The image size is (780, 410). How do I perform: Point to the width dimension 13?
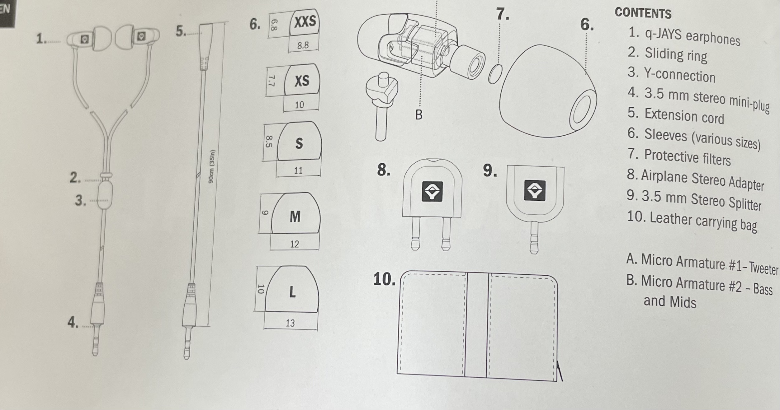tap(290, 323)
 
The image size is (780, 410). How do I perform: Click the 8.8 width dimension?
tap(303, 45)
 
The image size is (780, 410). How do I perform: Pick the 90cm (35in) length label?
tap(212, 166)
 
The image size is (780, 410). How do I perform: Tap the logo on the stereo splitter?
tap(535, 190)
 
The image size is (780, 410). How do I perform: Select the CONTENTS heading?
tap(643, 13)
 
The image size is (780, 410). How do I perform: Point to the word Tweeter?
tap(763, 268)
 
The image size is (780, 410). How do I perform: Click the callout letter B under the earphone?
tap(419, 115)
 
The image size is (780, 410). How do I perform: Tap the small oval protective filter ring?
tap(495, 74)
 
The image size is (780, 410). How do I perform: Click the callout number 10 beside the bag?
tap(384, 279)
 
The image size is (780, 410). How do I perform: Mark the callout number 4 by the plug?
tap(73, 322)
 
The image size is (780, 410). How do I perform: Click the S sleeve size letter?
tap(299, 143)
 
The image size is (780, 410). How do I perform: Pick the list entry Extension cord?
tap(684, 116)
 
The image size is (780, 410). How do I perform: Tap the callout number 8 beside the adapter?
tap(383, 170)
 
